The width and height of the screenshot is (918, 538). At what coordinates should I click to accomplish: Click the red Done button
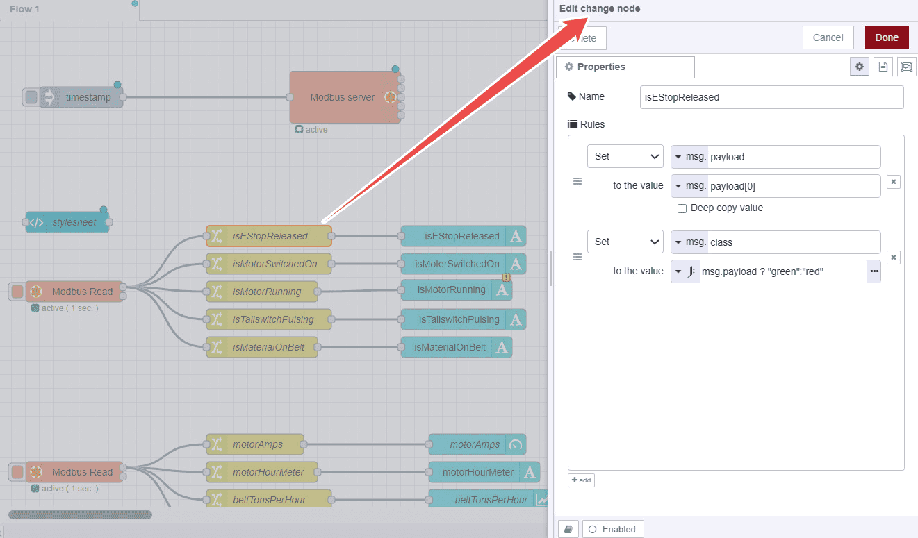pyautogui.click(x=887, y=37)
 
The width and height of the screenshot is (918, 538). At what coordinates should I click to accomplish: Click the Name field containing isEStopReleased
pyautogui.click(x=771, y=97)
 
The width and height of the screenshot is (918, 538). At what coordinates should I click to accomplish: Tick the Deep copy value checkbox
pyautogui.click(x=682, y=208)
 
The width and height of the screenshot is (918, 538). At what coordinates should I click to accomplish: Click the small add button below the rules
pyautogui.click(x=581, y=480)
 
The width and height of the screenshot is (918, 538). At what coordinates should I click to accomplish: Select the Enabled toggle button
pyautogui.click(x=613, y=529)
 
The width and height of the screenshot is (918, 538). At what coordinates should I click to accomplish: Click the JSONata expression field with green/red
pyautogui.click(x=782, y=271)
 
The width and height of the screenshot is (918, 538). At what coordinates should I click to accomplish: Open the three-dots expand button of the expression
pyautogui.click(x=874, y=271)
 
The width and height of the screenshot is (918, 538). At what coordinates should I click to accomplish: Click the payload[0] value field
pyautogui.click(x=793, y=186)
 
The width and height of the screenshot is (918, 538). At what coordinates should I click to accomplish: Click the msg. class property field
pyautogui.click(x=793, y=242)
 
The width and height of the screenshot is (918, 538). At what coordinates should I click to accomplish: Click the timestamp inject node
pyautogui.click(x=87, y=97)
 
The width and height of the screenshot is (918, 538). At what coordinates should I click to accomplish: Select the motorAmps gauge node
pyautogui.click(x=477, y=444)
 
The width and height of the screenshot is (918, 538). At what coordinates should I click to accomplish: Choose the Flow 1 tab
pyautogui.click(x=24, y=10)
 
